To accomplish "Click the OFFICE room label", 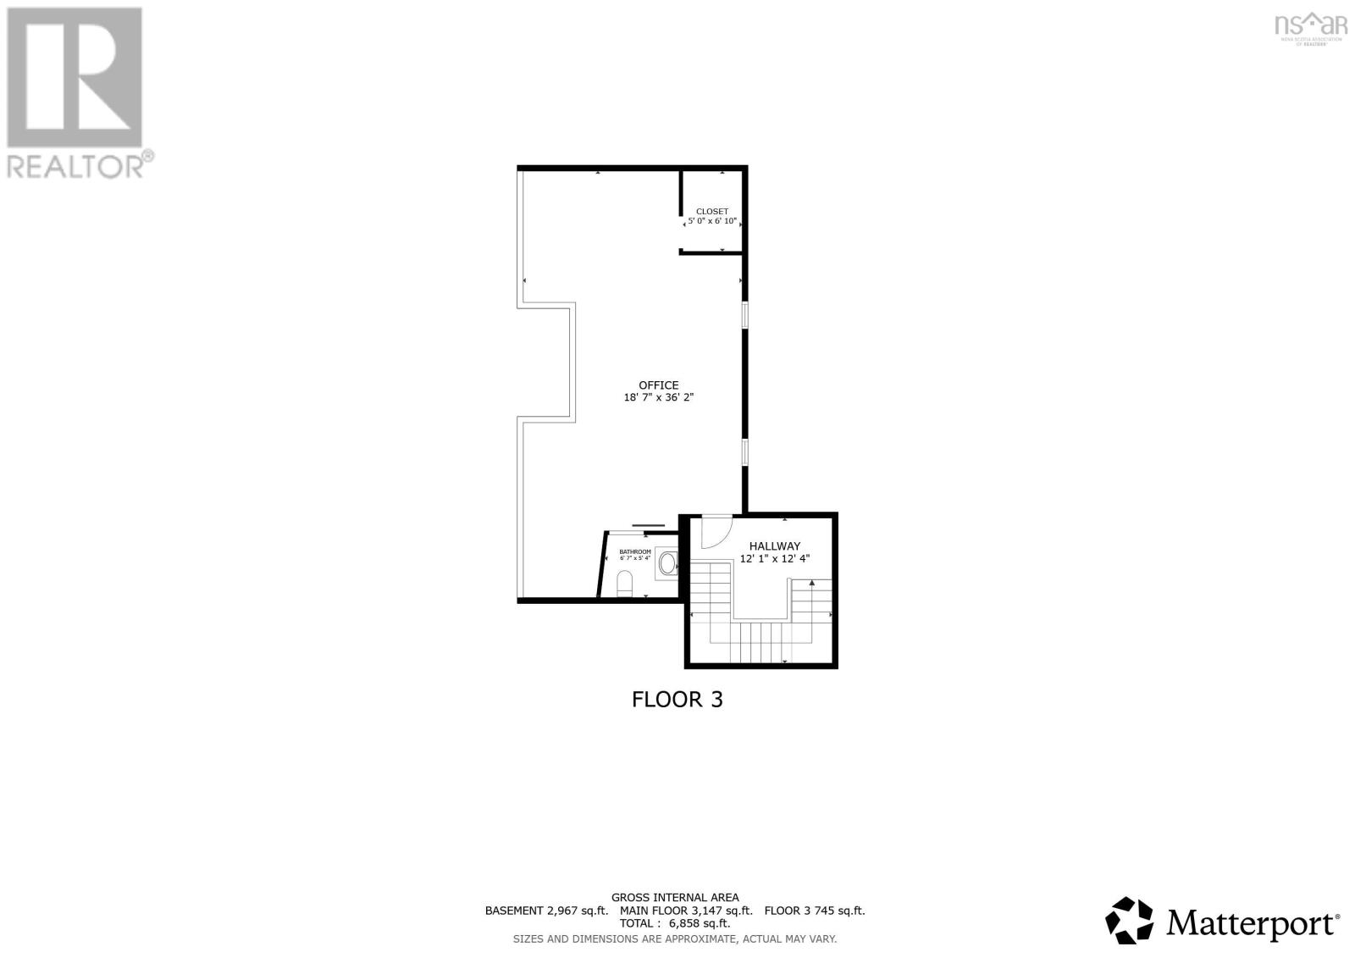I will click(x=658, y=385).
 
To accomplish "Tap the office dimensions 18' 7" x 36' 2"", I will click(x=658, y=397).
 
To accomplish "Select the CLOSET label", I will click(x=711, y=212).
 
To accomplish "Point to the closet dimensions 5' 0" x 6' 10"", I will click(x=711, y=221).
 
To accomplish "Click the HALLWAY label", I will click(x=774, y=546).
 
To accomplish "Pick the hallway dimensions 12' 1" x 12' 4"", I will click(x=774, y=559).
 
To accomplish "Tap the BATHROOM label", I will click(x=635, y=551).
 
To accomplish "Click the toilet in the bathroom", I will click(x=625, y=583).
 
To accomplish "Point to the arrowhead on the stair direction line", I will click(x=812, y=583).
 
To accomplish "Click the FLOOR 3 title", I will click(x=677, y=700).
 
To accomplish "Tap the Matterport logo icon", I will click(x=1129, y=920).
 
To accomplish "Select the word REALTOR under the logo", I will click(x=76, y=165).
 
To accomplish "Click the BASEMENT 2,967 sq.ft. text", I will click(x=546, y=911).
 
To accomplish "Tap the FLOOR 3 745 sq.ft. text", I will click(x=815, y=911).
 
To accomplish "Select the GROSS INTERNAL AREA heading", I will click(x=675, y=898).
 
